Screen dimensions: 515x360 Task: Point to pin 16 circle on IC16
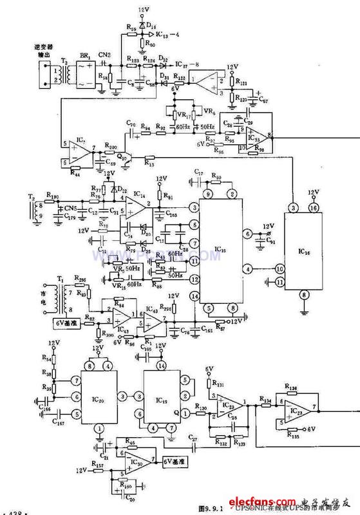tap(314, 208)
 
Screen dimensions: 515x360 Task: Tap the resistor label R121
tap(242, 83)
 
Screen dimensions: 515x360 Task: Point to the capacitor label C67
tap(263, 100)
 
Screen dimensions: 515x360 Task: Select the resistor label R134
tap(265, 400)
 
